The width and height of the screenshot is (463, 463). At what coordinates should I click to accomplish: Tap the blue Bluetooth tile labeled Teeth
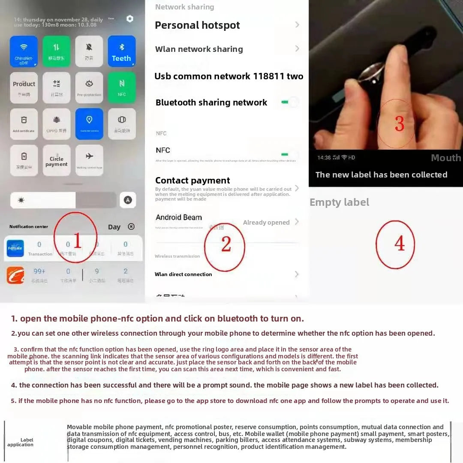121,51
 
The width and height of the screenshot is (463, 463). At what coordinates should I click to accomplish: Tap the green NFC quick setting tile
122,87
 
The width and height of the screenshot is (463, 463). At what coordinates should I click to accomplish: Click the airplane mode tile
89,160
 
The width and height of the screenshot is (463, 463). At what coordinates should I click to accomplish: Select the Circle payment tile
57,160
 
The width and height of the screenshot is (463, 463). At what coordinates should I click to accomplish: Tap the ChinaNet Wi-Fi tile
24,51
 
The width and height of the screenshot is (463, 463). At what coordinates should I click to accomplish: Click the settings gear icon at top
130,19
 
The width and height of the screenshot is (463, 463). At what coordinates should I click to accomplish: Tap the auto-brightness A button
128,200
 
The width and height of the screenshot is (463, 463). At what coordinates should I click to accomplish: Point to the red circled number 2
225,246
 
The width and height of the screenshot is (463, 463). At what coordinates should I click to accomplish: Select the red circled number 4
395,244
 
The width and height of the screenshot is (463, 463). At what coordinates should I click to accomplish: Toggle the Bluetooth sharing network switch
289,102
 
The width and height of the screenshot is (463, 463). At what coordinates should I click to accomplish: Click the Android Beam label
178,217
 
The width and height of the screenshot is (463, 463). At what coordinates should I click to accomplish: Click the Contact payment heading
192,180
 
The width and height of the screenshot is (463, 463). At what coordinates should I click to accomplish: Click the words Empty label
339,202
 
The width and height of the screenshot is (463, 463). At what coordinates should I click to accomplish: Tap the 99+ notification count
39,271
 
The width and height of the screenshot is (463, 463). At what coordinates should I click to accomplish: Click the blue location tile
89,123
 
